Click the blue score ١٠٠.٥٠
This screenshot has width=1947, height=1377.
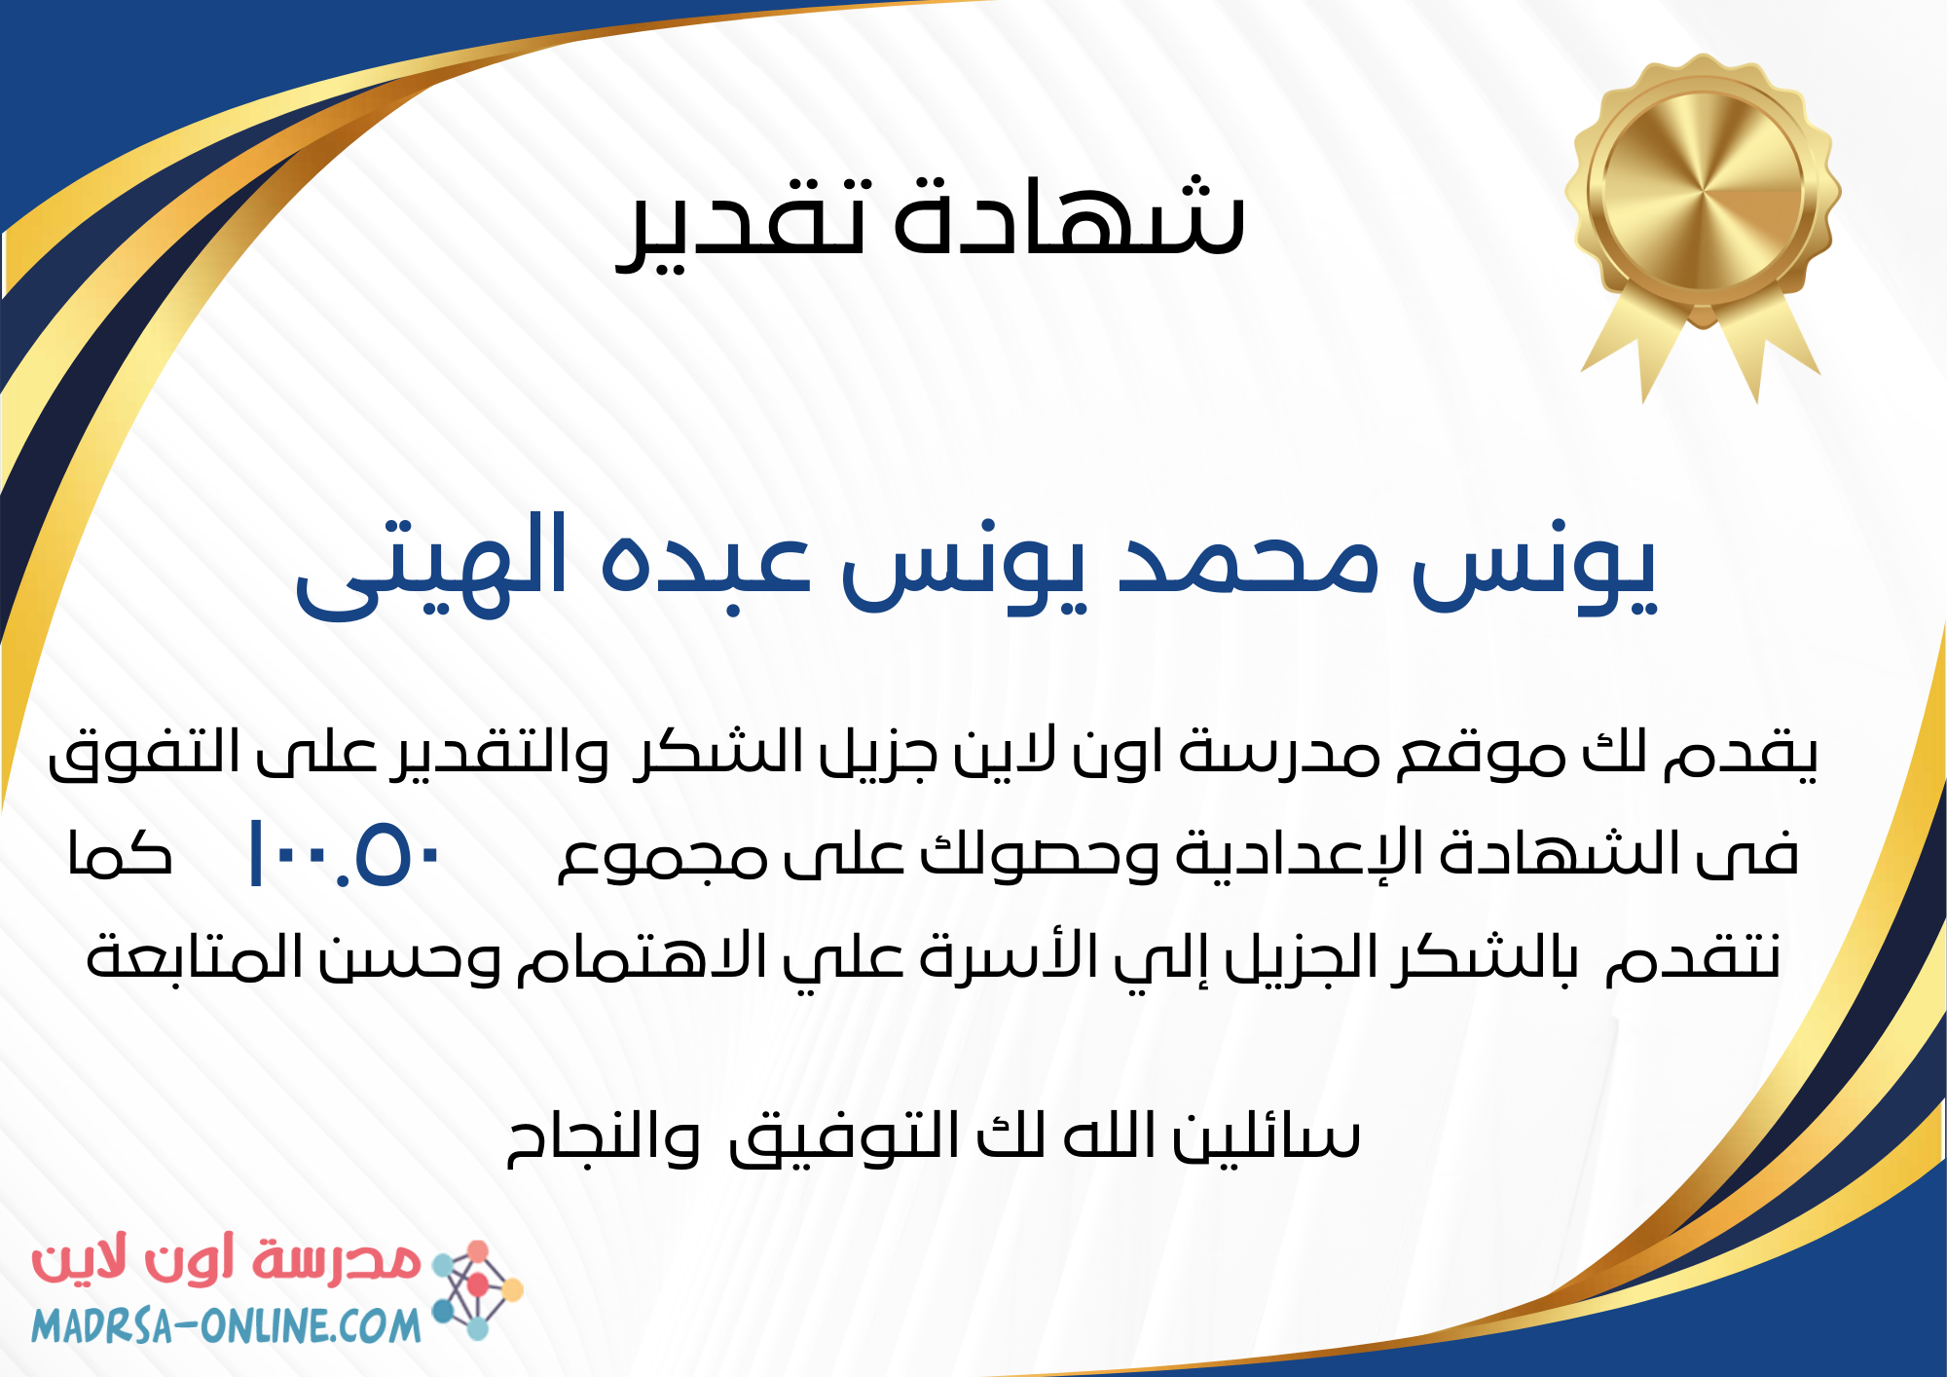click(346, 854)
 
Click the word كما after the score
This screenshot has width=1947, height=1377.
click(120, 854)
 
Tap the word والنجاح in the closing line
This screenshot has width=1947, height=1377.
click(604, 1138)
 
